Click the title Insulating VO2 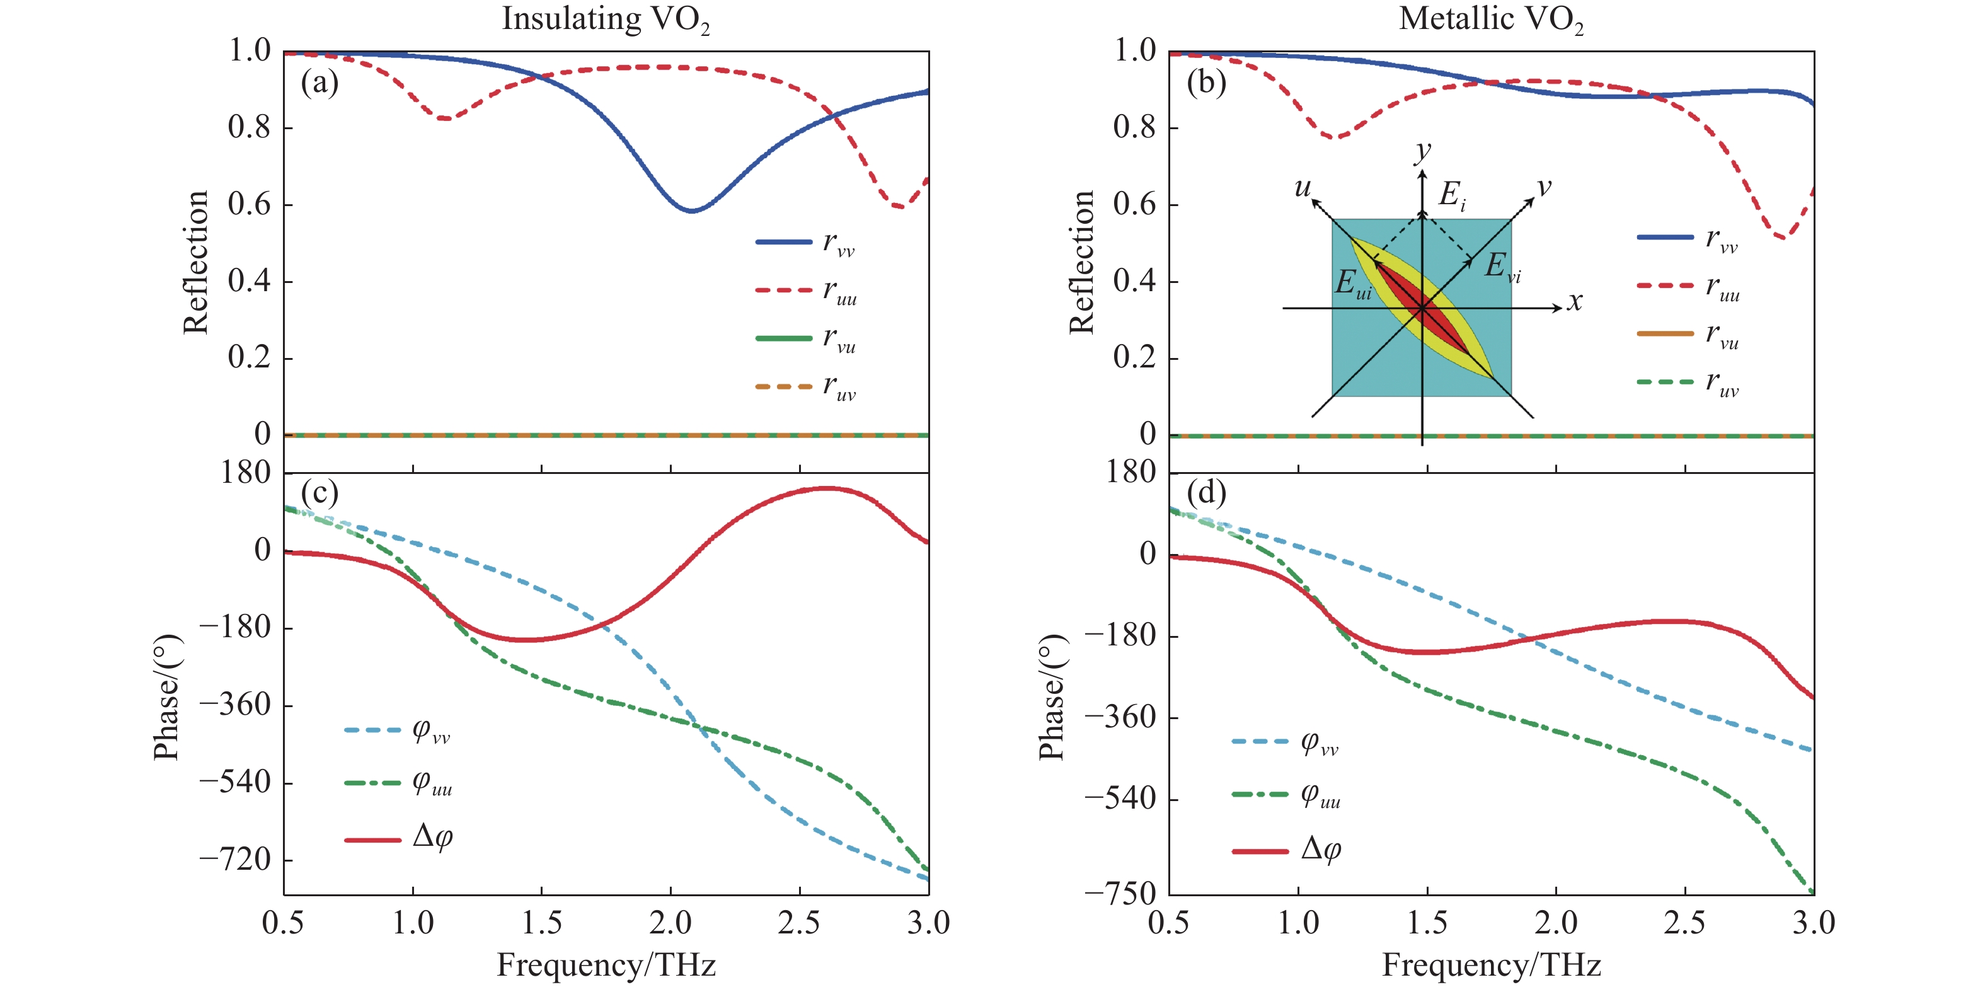pyautogui.click(x=606, y=20)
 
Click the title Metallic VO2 pyautogui.click(x=1491, y=20)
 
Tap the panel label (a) pyautogui.click(x=319, y=82)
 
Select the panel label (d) pyautogui.click(x=1206, y=492)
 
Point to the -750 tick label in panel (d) pyautogui.click(x=1120, y=894)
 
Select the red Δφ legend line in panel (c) pyautogui.click(x=372, y=839)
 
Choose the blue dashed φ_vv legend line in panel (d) pyautogui.click(x=1260, y=741)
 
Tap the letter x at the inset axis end pyautogui.click(x=1574, y=301)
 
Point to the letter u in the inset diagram pyautogui.click(x=1303, y=187)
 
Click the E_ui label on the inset pyautogui.click(x=1353, y=284)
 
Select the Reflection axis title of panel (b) pyautogui.click(x=1081, y=262)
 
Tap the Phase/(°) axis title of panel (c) pyautogui.click(x=166, y=697)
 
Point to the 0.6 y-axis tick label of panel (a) pyautogui.click(x=249, y=204)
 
